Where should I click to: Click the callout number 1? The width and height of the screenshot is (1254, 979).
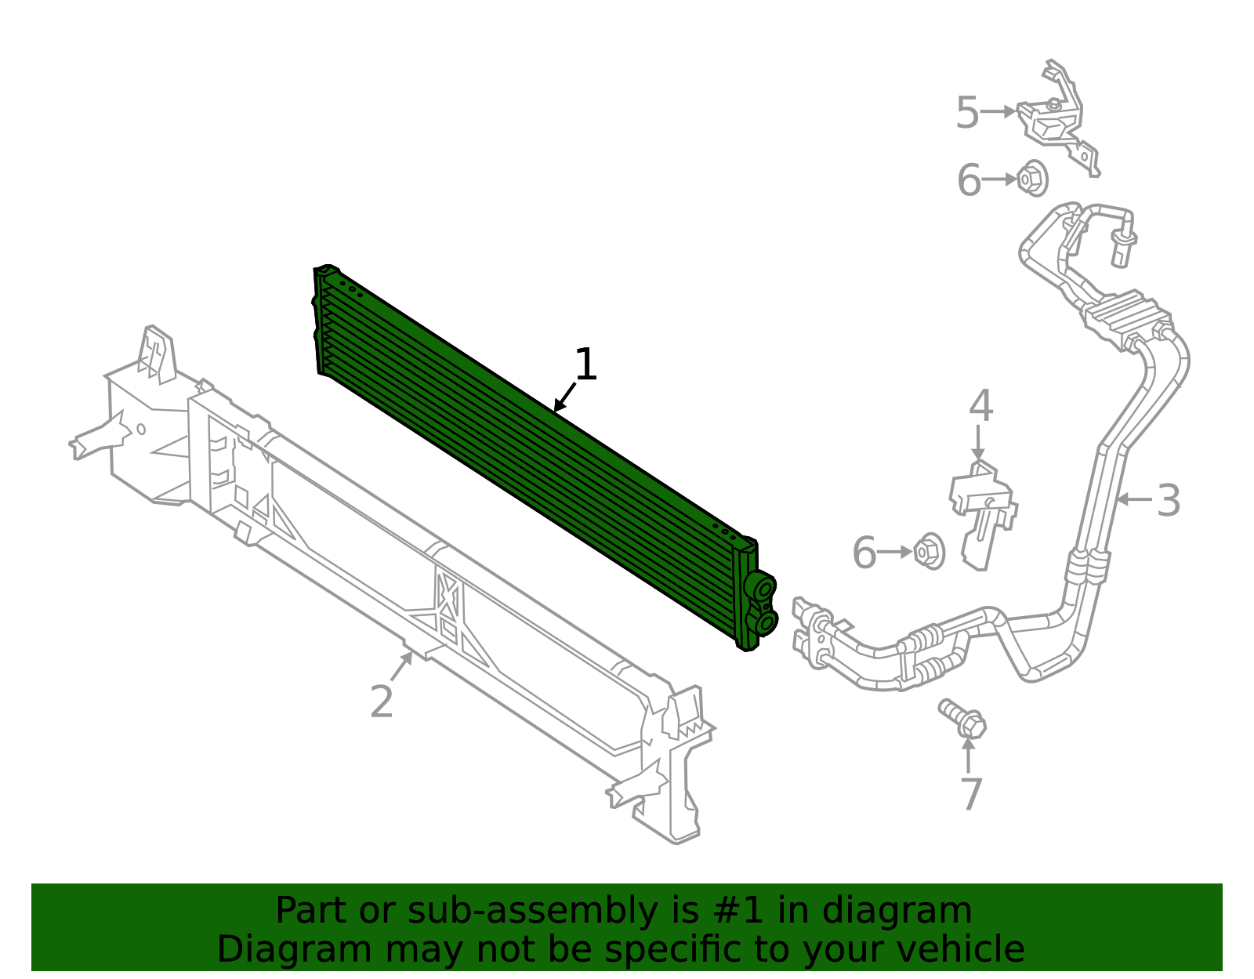[585, 364]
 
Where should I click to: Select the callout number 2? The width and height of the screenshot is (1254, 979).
[382, 701]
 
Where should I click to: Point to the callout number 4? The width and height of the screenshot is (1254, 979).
[981, 406]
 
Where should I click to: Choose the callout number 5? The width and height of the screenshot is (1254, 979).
[968, 113]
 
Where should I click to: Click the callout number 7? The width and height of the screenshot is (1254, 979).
[972, 794]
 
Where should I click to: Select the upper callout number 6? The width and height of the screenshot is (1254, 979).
[969, 180]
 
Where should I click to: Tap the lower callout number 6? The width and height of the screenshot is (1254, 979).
[864, 553]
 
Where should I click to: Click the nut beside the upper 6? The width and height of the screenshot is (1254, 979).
[1032, 178]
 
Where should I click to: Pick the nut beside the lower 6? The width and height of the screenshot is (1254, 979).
[929, 551]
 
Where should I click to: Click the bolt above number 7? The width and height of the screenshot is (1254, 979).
[962, 719]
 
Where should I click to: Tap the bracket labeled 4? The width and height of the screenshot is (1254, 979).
[983, 513]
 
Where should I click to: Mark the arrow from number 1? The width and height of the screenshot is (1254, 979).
[565, 397]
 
